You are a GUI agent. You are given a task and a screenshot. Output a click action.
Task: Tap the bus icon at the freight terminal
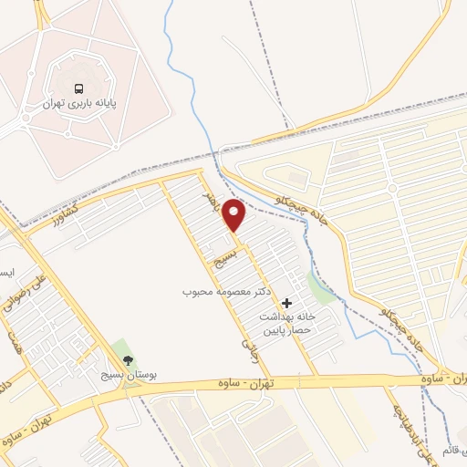(x=79, y=89)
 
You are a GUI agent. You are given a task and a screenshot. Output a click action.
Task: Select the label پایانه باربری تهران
(x=79, y=105)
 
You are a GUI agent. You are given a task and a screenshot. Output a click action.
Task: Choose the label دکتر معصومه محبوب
(x=222, y=293)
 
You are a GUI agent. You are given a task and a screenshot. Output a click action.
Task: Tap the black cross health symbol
(x=287, y=303)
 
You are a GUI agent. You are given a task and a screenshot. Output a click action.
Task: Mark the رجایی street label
(x=249, y=344)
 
